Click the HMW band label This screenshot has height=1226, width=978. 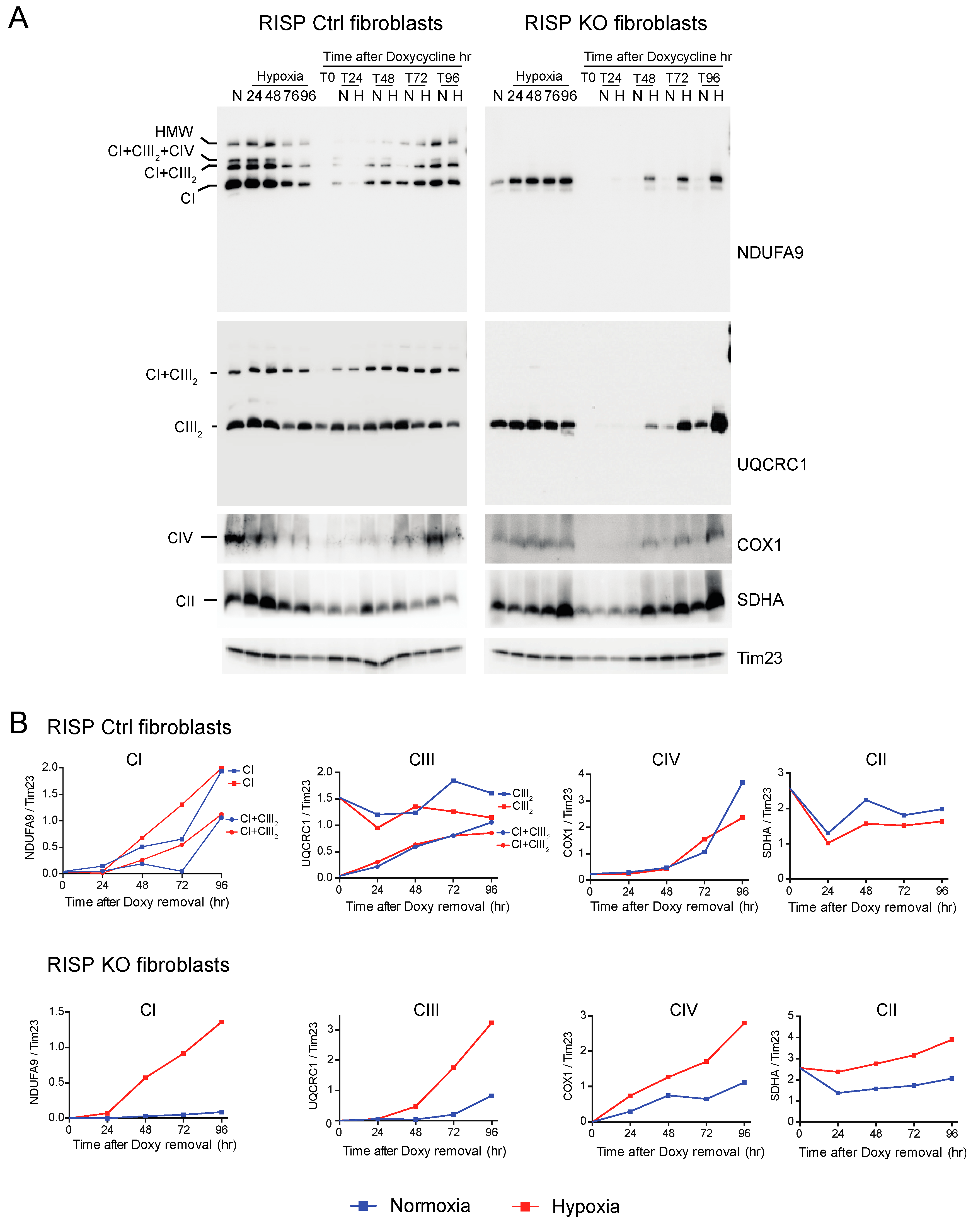tap(174, 132)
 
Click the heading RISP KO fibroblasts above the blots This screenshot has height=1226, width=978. tap(615, 23)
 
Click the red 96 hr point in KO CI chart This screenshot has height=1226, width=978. tap(221, 1022)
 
